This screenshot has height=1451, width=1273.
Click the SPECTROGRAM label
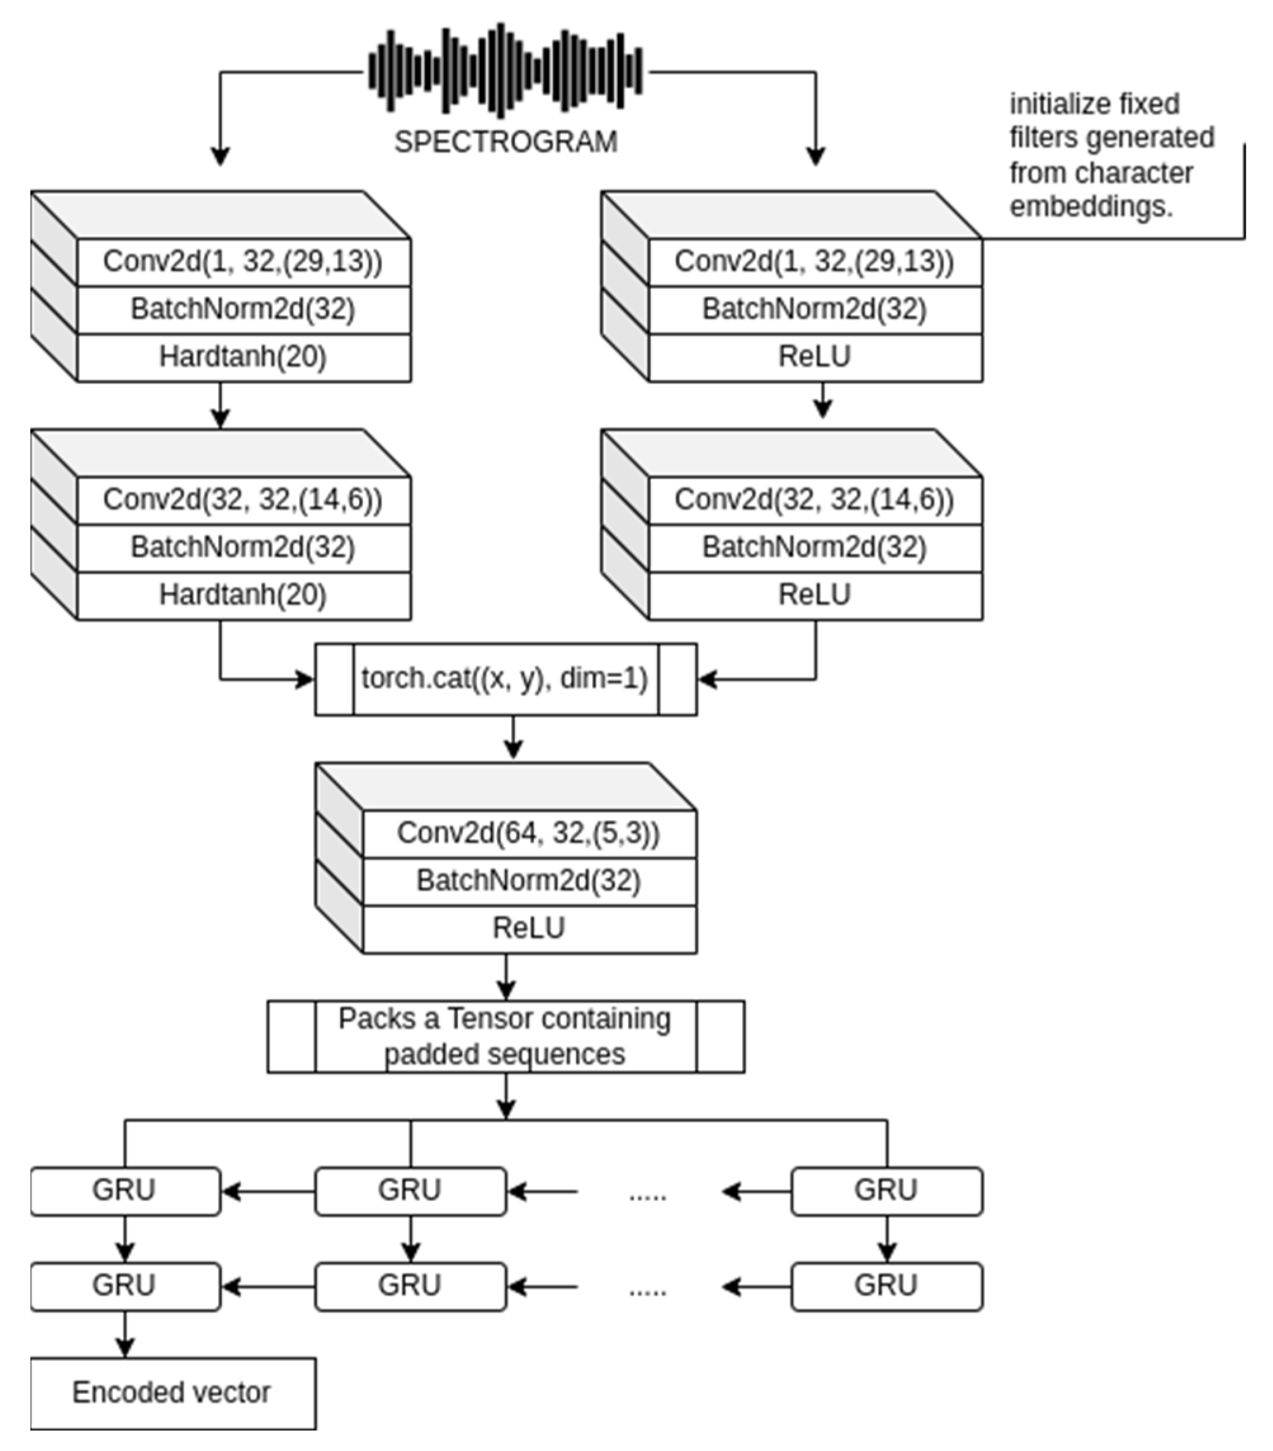click(506, 142)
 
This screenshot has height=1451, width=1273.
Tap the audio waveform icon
click(506, 70)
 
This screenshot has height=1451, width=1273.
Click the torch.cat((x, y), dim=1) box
click(506, 679)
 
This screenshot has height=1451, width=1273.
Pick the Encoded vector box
click(173, 1392)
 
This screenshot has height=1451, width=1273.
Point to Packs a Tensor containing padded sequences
click(506, 1036)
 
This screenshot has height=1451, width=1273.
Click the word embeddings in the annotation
click(1090, 207)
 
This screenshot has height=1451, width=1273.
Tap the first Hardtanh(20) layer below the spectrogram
click(243, 356)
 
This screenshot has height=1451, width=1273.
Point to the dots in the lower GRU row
click(648, 1290)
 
